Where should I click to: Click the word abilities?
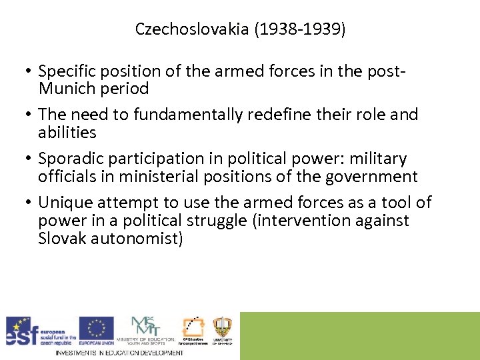pos(67,133)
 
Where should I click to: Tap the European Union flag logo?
pos(96,328)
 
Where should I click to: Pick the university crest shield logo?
pos(222,327)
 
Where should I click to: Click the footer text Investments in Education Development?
pos(119,352)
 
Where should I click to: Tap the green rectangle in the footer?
pos(359,335)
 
